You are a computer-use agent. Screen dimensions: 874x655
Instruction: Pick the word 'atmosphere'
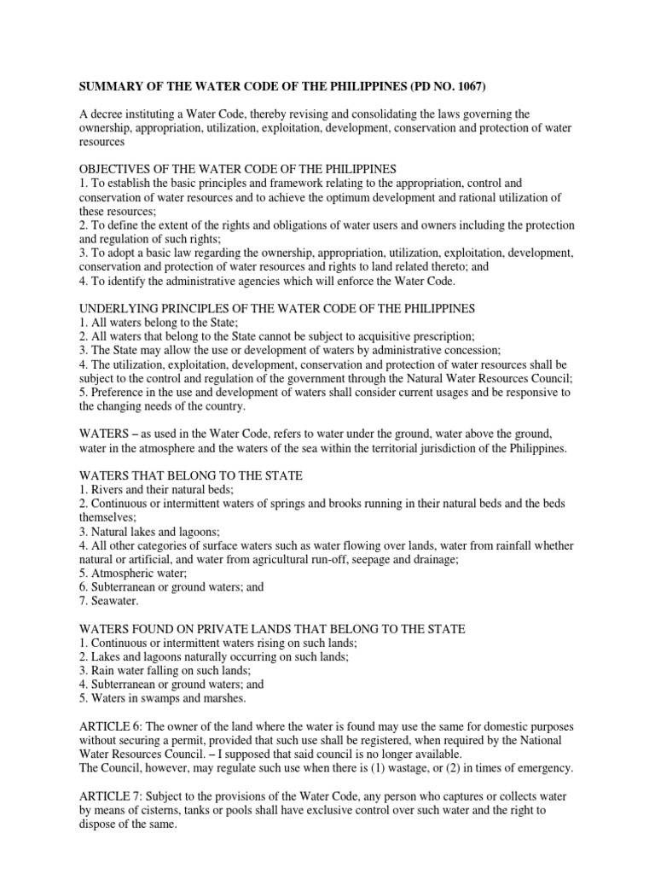coord(170,447)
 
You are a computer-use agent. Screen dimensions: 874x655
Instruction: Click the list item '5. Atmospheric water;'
coord(133,573)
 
